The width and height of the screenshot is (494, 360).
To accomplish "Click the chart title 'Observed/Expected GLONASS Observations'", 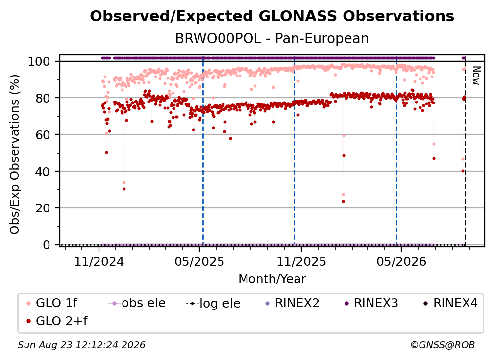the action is coord(272,16).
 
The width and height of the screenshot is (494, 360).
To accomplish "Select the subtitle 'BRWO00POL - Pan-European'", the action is coord(272,39).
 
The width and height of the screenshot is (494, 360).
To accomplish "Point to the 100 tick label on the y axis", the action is coord(39,61).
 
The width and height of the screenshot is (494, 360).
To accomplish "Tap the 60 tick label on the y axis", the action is coord(43,134).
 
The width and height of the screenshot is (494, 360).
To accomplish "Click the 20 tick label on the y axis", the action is coord(43,208).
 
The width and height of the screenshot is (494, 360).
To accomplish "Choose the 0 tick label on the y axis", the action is coord(47,245).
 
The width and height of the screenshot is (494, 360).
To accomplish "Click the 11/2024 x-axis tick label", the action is coord(99,261).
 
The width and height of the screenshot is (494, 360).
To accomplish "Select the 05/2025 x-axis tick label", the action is coord(199,261).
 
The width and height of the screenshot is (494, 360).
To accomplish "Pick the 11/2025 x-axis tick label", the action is coord(301,261).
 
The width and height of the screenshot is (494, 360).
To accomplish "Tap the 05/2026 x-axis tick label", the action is coord(401,261).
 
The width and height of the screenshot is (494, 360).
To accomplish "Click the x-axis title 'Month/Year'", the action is coord(272,279).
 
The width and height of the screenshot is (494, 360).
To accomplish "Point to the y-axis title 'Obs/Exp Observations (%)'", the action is coord(15,154).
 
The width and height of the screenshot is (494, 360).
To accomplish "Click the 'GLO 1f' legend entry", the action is coord(52,303).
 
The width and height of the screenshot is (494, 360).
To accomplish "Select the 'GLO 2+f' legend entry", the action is coord(57,321).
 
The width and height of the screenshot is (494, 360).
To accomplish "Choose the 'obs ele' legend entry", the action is coord(137,303).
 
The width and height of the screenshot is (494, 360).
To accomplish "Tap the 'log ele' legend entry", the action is coord(213,304).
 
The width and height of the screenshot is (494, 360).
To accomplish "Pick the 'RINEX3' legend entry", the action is coord(371,303).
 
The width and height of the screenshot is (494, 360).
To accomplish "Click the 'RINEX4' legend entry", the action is coord(451,303).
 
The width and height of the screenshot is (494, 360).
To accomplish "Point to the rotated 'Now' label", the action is coord(476,76).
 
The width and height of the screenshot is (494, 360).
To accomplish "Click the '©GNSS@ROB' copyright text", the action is coord(443,345).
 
